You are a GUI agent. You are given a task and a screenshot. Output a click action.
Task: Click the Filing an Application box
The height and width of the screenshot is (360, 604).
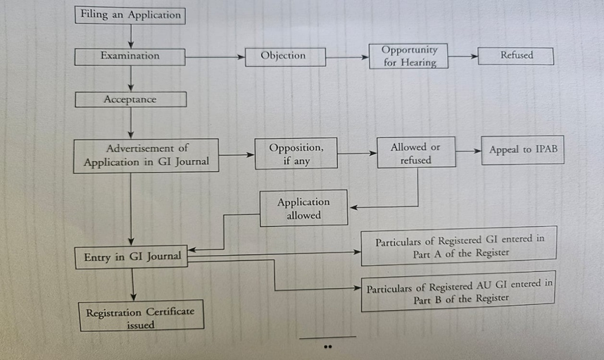(x=130, y=15)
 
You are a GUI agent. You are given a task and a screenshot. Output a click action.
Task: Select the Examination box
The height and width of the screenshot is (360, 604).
(x=130, y=56)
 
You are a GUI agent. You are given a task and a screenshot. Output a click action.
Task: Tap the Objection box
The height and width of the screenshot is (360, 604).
(x=284, y=56)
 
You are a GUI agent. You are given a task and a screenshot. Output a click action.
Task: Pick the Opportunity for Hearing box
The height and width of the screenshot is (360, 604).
(x=409, y=56)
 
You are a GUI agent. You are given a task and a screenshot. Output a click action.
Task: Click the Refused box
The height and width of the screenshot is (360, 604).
(x=516, y=56)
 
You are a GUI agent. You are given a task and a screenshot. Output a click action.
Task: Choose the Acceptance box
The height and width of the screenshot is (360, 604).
(x=130, y=100)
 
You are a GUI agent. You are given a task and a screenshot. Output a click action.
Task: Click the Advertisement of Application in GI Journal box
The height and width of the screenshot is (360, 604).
(x=146, y=156)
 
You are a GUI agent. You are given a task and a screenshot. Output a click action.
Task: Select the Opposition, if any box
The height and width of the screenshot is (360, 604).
(x=296, y=154)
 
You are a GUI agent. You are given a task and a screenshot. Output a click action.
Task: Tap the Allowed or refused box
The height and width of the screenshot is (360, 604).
(x=415, y=153)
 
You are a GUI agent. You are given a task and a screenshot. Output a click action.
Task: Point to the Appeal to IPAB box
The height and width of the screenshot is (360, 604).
(x=522, y=150)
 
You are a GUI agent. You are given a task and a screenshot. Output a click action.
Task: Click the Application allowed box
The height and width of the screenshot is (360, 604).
(x=303, y=209)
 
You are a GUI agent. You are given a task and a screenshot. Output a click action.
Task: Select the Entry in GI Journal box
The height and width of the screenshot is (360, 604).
(x=132, y=257)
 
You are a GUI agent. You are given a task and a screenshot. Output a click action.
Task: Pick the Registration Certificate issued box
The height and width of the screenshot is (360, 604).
(x=141, y=318)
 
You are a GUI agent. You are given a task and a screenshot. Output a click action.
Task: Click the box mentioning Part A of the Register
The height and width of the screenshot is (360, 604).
(x=458, y=246)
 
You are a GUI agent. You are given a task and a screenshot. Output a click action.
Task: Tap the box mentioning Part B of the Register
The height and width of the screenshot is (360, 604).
(x=458, y=291)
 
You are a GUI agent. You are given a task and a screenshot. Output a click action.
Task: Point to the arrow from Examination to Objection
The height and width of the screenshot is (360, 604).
(x=215, y=56)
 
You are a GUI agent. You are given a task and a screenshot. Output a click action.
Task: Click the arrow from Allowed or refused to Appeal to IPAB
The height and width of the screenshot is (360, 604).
(x=468, y=151)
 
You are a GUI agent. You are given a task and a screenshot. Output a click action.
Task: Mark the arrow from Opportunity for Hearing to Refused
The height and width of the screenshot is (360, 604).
(x=464, y=56)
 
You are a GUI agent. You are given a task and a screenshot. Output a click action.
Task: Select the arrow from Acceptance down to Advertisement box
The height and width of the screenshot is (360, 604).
(x=131, y=123)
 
